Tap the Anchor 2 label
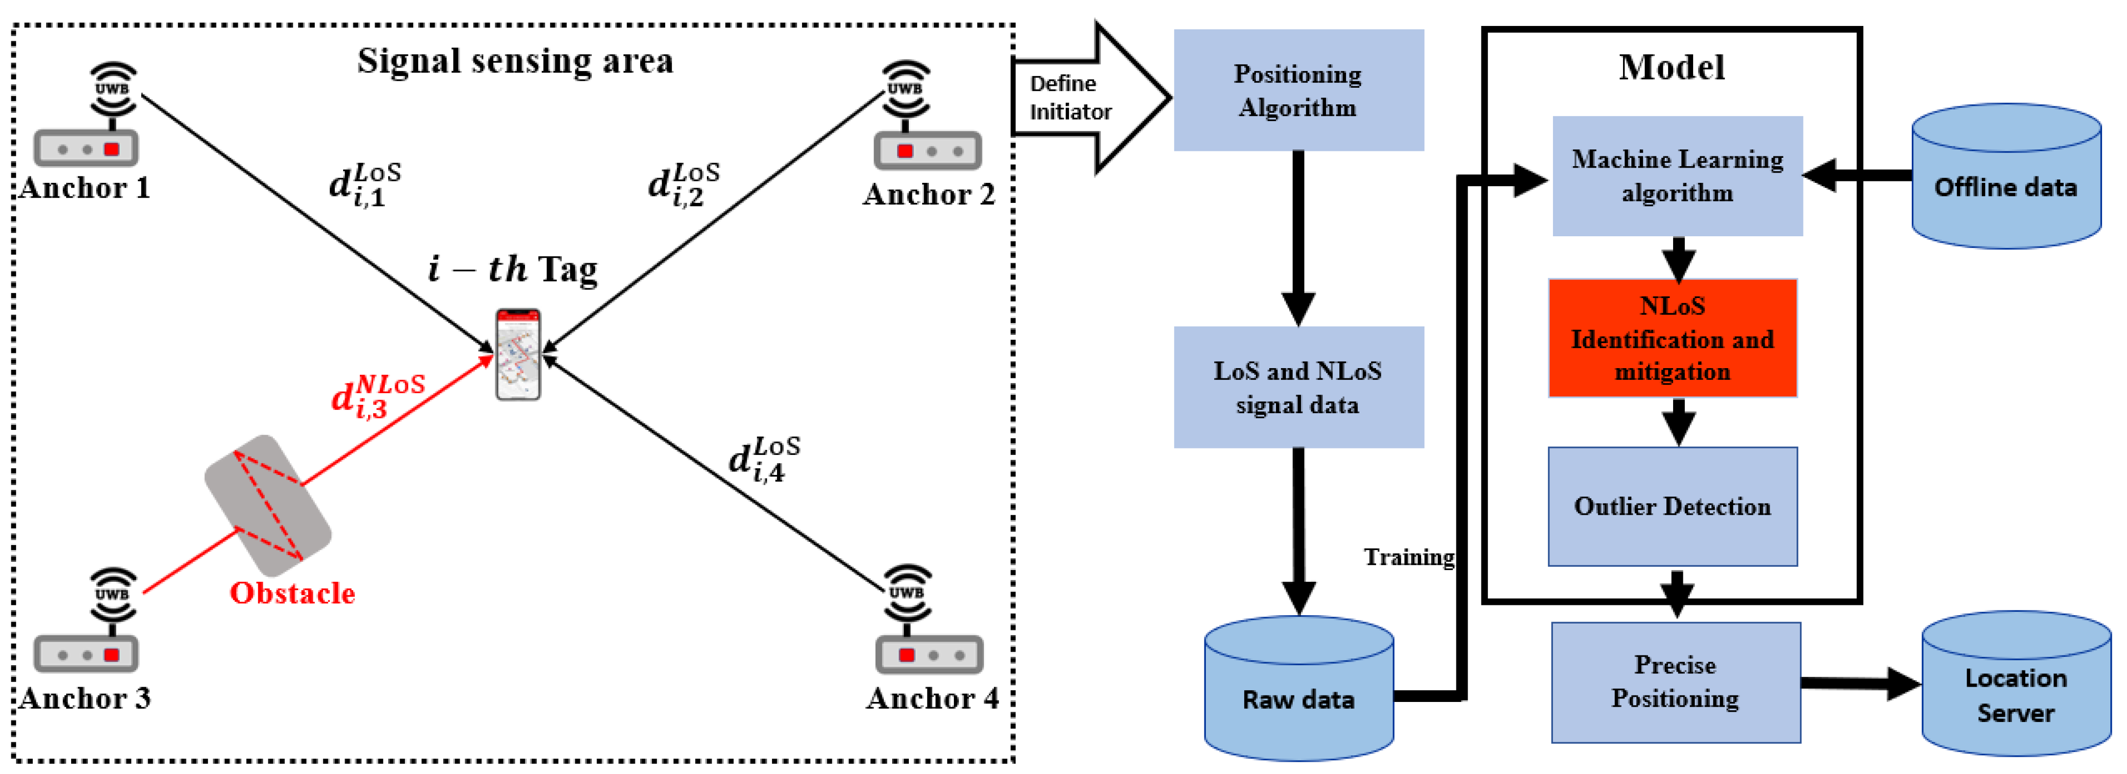pos(929,195)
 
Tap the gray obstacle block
pos(268,505)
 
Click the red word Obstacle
pos(292,593)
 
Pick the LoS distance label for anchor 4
pos(764,459)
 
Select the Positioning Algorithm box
pos(1298,91)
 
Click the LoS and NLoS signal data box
pos(1298,387)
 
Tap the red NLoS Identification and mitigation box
pos(1672,339)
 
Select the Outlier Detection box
pos(1672,506)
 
